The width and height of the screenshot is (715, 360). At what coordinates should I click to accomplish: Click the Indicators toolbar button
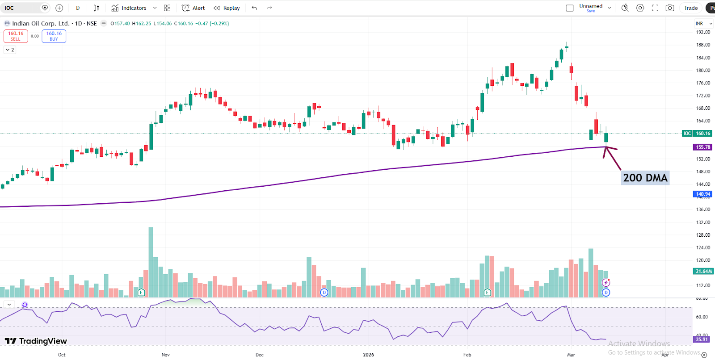pos(129,8)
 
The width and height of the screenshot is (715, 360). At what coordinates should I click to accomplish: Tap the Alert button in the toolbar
pos(193,8)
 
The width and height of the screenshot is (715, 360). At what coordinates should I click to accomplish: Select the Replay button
pos(227,8)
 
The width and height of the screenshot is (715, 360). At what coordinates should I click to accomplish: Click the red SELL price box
pos(16,36)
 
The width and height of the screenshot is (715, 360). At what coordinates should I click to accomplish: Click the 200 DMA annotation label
pos(645,178)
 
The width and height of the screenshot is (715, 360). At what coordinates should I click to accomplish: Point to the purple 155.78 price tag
pos(702,147)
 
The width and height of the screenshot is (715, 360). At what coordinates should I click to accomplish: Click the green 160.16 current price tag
pos(702,134)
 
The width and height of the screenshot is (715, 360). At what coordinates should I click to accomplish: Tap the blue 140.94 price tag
pos(702,194)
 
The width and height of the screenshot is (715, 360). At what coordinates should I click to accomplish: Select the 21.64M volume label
pos(703,271)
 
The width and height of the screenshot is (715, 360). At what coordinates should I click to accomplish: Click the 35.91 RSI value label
pos(702,339)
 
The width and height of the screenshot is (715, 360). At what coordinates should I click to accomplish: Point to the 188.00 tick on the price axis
pos(703,45)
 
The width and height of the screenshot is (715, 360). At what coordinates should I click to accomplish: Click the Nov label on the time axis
pos(165,355)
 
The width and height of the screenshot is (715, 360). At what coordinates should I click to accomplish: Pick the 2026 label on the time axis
pos(368,355)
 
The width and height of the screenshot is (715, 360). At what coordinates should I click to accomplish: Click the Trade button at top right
pos(690,8)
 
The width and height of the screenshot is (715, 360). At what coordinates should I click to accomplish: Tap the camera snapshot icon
pos(669,8)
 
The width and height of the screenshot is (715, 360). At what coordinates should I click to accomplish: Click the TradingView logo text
pos(36,341)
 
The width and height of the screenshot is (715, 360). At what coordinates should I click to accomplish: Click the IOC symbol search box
pos(25,8)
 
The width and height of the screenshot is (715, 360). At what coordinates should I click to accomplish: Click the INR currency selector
pos(703,24)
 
